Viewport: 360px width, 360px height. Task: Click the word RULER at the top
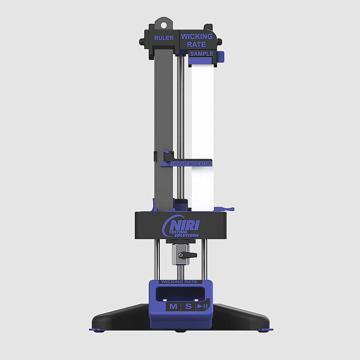point(164,38)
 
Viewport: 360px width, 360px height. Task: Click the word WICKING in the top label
point(197,37)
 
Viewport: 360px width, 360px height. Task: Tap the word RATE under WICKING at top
point(196,44)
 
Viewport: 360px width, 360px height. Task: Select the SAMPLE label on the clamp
point(202,54)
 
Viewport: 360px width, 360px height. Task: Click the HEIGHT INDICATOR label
point(191,164)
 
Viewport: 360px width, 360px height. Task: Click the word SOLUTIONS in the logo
point(186,235)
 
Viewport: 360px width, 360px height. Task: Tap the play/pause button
point(203,306)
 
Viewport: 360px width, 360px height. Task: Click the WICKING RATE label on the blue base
point(179,282)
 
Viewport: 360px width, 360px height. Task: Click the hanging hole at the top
point(164,25)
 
